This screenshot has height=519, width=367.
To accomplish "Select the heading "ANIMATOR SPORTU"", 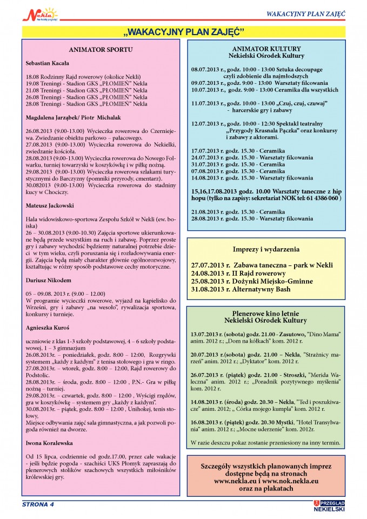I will tap(101, 50).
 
